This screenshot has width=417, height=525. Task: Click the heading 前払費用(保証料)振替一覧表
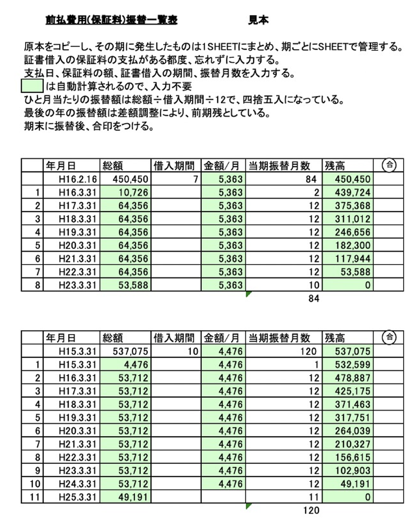tap(112, 20)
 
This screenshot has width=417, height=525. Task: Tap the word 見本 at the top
tap(259, 20)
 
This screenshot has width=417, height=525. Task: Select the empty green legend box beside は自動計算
tap(33, 86)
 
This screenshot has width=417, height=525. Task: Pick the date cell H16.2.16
tap(76, 179)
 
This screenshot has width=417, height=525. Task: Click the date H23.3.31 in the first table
tap(76, 286)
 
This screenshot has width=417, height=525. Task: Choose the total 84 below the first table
tap(313, 299)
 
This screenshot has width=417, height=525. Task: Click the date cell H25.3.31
tap(76, 497)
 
